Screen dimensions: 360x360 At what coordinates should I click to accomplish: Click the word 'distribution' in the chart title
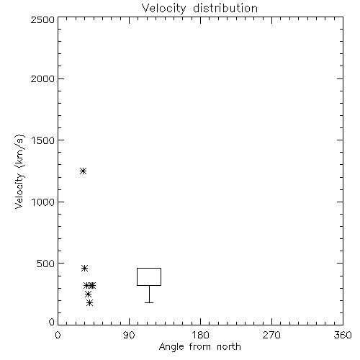(x=225, y=8)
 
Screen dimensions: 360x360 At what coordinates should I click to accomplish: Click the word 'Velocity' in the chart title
(x=164, y=9)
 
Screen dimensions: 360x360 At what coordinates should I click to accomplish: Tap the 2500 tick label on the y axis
(x=42, y=19)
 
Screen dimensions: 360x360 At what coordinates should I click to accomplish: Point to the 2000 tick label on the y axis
(x=42, y=78)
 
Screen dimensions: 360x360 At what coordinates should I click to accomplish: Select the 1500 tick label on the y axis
(x=43, y=140)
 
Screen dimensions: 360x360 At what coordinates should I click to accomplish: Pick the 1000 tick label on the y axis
(x=43, y=202)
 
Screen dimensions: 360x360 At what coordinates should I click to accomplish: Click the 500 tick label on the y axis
(x=46, y=264)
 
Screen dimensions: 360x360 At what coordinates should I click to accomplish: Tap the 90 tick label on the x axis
(x=129, y=335)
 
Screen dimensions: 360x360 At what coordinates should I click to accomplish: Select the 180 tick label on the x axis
(x=200, y=335)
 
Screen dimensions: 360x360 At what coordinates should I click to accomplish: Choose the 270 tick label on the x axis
(x=271, y=335)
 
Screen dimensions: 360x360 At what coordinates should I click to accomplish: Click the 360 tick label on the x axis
(x=343, y=335)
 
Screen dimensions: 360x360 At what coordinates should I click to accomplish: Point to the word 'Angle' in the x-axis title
(x=171, y=347)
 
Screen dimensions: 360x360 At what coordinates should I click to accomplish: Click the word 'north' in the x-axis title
(x=229, y=347)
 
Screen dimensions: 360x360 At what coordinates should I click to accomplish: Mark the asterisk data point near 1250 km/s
(x=83, y=171)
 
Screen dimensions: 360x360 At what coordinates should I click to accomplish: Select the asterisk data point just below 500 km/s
(x=84, y=268)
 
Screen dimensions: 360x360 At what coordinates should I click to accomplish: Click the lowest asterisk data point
(x=90, y=303)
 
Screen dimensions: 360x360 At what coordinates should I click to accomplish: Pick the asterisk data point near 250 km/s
(x=88, y=294)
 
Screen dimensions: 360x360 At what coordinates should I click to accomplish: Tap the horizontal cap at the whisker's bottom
(x=149, y=302)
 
